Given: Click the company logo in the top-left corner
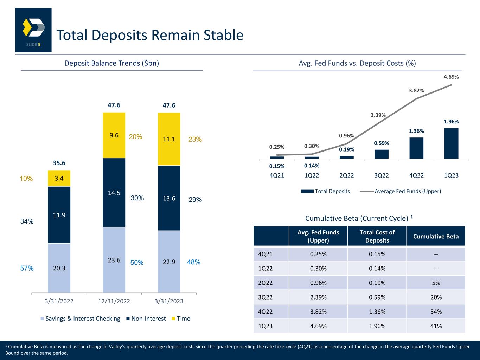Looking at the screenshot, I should [33, 30].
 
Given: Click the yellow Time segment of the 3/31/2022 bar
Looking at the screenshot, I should [59, 178].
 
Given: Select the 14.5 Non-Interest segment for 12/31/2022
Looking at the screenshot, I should [114, 193].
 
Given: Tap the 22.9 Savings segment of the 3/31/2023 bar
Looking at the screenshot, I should [169, 262].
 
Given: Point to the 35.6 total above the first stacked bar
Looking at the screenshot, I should [59, 163].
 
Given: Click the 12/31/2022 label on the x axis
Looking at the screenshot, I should [114, 301].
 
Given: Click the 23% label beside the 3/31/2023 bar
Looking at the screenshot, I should [195, 139].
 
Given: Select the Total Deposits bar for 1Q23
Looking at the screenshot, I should [451, 143].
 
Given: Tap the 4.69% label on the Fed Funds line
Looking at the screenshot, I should [451, 77].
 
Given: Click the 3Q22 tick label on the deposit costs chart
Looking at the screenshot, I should [381, 175].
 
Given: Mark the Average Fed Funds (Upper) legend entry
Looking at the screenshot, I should [401, 191].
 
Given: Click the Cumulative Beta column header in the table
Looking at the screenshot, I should [436, 236].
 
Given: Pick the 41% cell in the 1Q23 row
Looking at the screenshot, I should [436, 326].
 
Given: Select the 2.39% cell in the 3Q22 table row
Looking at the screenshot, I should [318, 297].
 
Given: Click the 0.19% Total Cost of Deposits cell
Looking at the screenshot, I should [377, 283].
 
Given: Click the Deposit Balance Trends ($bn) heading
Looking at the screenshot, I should [112, 63].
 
